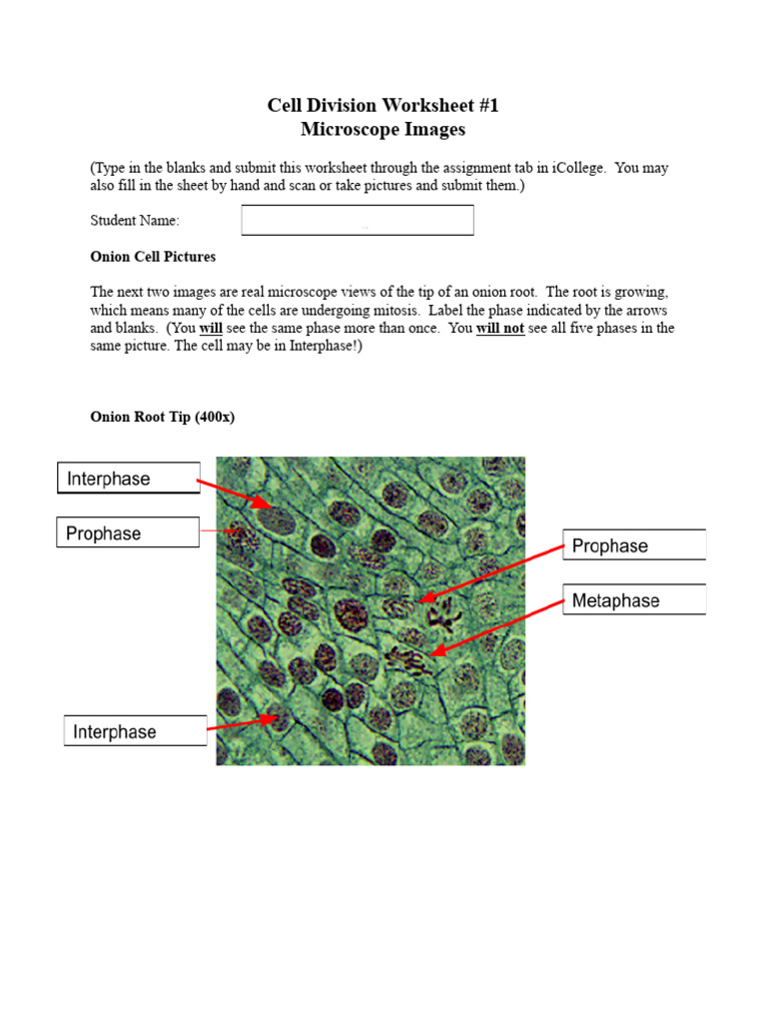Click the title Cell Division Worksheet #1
click(383, 105)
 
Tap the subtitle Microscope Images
click(383, 130)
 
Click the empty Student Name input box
click(358, 220)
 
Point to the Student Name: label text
click(135, 221)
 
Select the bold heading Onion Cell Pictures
click(153, 257)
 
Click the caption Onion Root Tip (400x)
click(162, 417)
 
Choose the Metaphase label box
click(634, 600)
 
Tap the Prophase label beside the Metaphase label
click(634, 545)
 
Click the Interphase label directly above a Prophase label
click(128, 479)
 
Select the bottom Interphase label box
click(135, 732)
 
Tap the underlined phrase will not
click(500, 328)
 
